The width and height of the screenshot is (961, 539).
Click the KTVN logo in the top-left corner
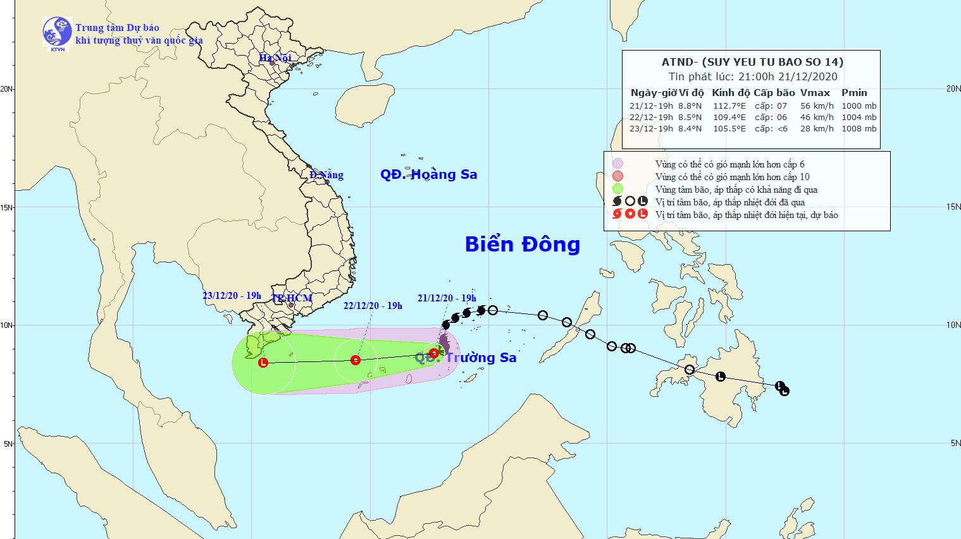click(x=57, y=33)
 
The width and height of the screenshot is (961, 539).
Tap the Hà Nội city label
click(x=275, y=58)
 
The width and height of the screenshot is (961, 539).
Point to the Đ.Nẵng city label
click(x=326, y=175)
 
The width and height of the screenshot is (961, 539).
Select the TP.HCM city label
click(x=292, y=298)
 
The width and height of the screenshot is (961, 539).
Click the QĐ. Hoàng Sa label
click(x=428, y=174)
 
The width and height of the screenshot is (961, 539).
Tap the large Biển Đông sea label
click(x=522, y=245)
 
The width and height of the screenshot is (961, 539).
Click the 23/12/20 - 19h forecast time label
click(x=232, y=296)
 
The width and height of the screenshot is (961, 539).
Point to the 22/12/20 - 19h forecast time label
click(x=373, y=306)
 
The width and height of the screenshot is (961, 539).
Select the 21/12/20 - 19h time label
click(x=447, y=298)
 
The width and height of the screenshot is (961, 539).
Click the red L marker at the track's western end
click(x=263, y=363)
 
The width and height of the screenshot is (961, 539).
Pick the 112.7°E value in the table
click(x=729, y=106)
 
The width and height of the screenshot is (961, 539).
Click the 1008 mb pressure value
click(x=859, y=128)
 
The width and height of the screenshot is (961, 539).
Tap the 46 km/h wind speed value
click(x=817, y=117)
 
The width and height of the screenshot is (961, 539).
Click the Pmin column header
click(x=854, y=92)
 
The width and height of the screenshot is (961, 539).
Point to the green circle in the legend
click(x=617, y=189)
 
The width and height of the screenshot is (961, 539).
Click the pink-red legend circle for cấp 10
click(x=617, y=176)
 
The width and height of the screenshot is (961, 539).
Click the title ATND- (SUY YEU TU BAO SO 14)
click(x=751, y=62)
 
